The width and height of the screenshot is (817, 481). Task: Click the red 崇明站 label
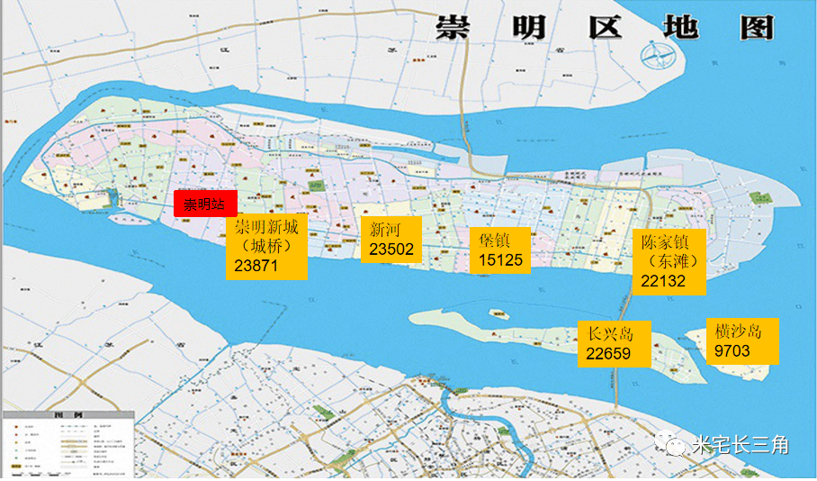tap(204, 204)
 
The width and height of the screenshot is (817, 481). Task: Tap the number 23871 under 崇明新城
tap(256, 267)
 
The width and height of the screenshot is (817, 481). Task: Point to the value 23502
tap(391, 250)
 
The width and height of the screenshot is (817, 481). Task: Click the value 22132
tap(663, 281)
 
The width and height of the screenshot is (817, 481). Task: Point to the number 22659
tap(608, 353)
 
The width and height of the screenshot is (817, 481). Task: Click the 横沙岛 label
tap(738, 331)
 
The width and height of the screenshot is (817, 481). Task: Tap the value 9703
tap(732, 350)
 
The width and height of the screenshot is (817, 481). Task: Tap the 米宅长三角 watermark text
tap(741, 444)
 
